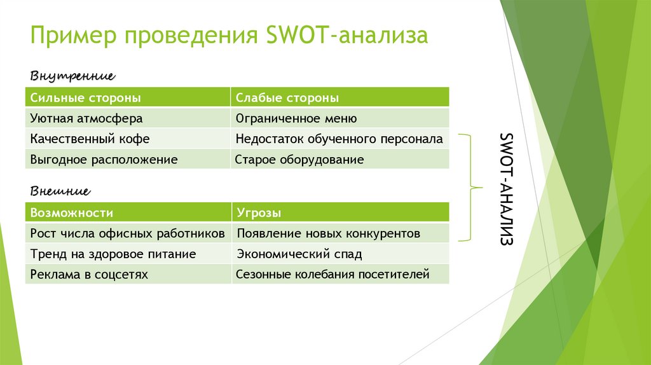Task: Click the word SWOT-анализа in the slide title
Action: pyautogui.click(x=344, y=36)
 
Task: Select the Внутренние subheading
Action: pyautogui.click(x=72, y=76)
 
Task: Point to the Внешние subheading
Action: pyautogui.click(x=60, y=191)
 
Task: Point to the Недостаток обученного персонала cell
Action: pyautogui.click(x=339, y=139)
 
